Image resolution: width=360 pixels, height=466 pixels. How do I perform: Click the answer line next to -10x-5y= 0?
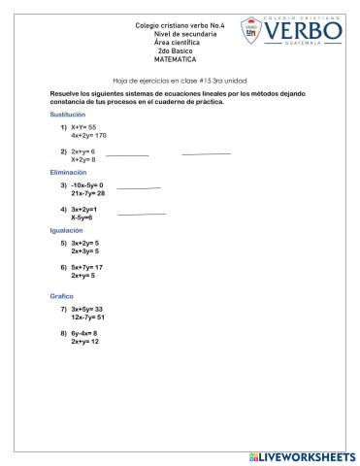pyautogui.click(x=139, y=188)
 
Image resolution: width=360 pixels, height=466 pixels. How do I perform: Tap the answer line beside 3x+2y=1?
pyautogui.click(x=142, y=214)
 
